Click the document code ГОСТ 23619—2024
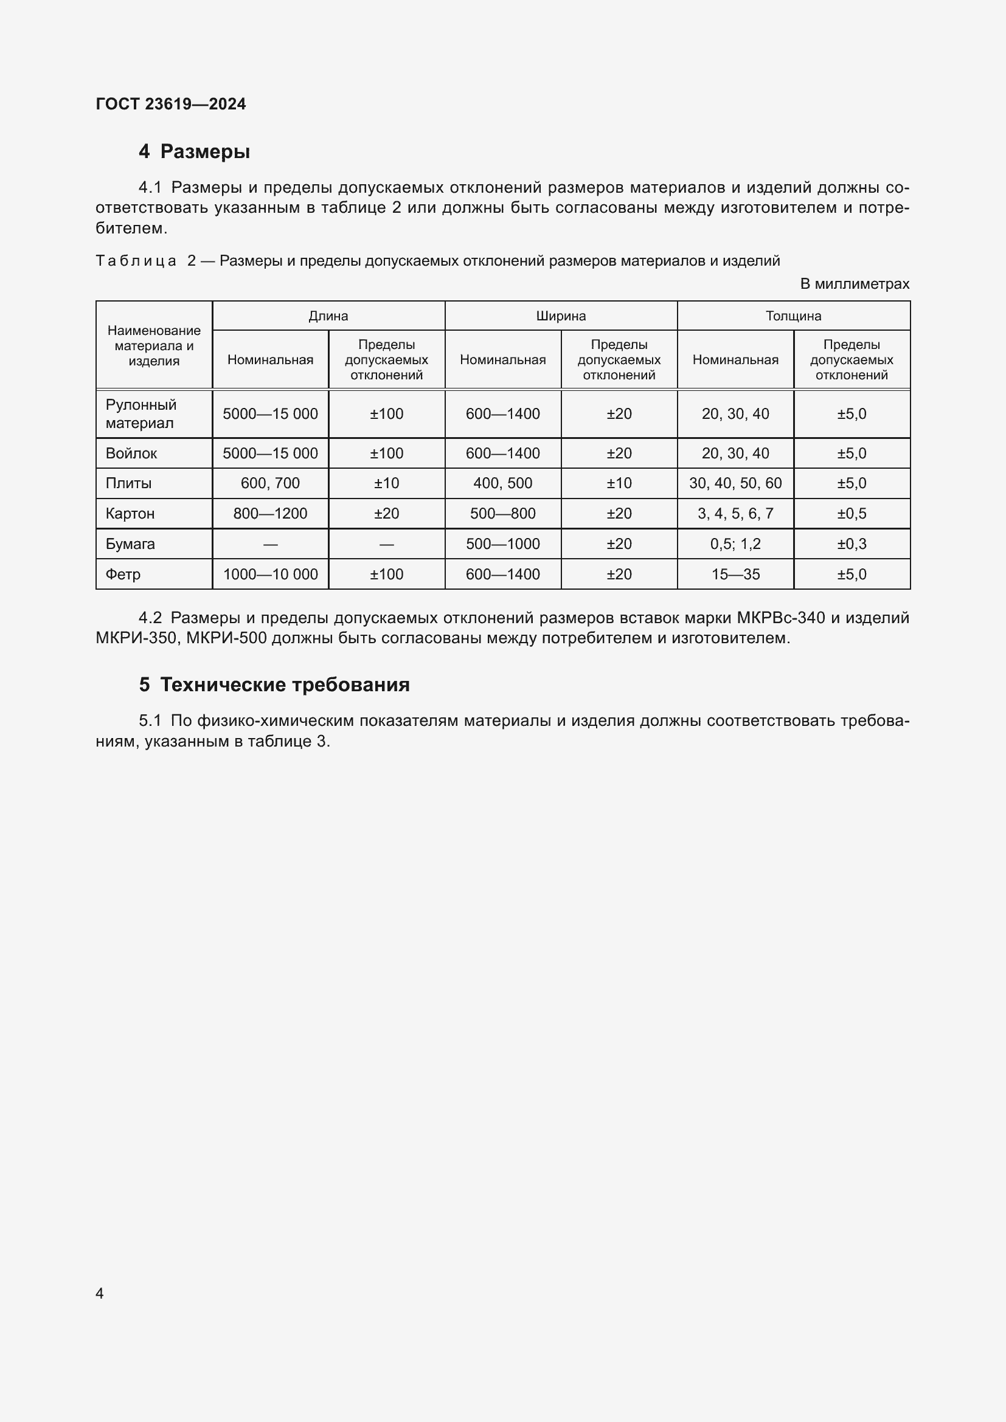point(171,104)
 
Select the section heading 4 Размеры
point(195,151)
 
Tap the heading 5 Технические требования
point(274,685)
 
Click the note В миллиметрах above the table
point(854,284)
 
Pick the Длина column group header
point(328,316)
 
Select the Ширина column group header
point(561,316)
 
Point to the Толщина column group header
point(793,316)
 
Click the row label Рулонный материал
point(140,414)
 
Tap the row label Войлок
point(131,454)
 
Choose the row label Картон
point(130,514)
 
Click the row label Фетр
point(123,574)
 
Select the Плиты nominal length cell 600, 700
point(270,483)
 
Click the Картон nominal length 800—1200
point(270,514)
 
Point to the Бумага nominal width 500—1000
point(502,544)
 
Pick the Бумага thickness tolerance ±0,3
point(852,544)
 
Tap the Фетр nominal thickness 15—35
point(735,574)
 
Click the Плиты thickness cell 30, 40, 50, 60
point(735,483)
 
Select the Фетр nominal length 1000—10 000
point(270,574)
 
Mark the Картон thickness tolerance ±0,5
point(852,514)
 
